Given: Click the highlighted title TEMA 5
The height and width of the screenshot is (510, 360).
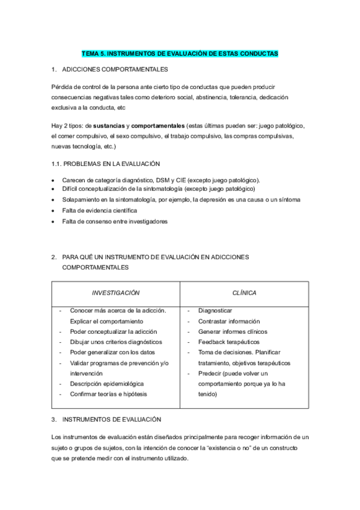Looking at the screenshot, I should [180, 54].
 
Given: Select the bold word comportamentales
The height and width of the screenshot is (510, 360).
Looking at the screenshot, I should [157, 125].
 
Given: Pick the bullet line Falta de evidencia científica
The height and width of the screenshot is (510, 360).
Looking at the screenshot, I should [99, 210].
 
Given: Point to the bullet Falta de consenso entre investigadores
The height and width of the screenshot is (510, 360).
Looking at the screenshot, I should [114, 221].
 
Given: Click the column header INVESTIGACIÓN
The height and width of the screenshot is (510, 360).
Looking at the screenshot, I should [115, 293].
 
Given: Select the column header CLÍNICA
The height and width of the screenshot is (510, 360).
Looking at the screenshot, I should [244, 293].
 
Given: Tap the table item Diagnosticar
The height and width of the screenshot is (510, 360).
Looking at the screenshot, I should [215, 310].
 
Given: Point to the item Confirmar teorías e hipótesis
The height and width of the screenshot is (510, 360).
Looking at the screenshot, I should [108, 394].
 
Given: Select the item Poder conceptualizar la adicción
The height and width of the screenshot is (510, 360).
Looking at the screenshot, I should [113, 331].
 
